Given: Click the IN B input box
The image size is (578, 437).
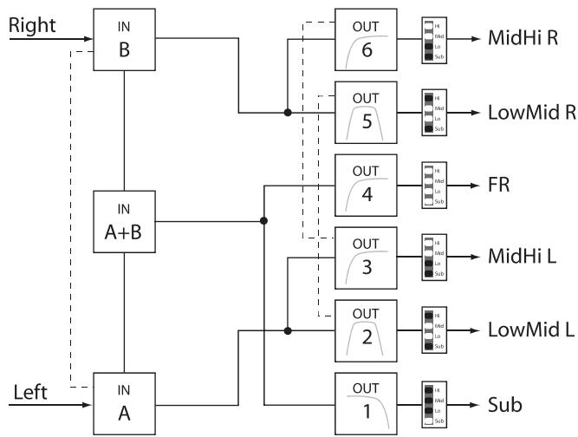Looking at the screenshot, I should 126,39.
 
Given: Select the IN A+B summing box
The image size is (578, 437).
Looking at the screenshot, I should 126,221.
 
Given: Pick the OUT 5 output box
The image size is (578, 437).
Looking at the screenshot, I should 366,112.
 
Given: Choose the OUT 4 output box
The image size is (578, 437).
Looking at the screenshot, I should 366,185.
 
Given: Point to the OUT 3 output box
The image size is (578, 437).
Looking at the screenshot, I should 366,258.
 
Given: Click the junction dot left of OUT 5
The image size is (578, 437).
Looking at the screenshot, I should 288,113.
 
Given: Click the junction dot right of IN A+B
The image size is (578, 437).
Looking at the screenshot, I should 263,221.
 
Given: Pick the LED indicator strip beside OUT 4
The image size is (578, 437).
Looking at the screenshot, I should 427,186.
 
